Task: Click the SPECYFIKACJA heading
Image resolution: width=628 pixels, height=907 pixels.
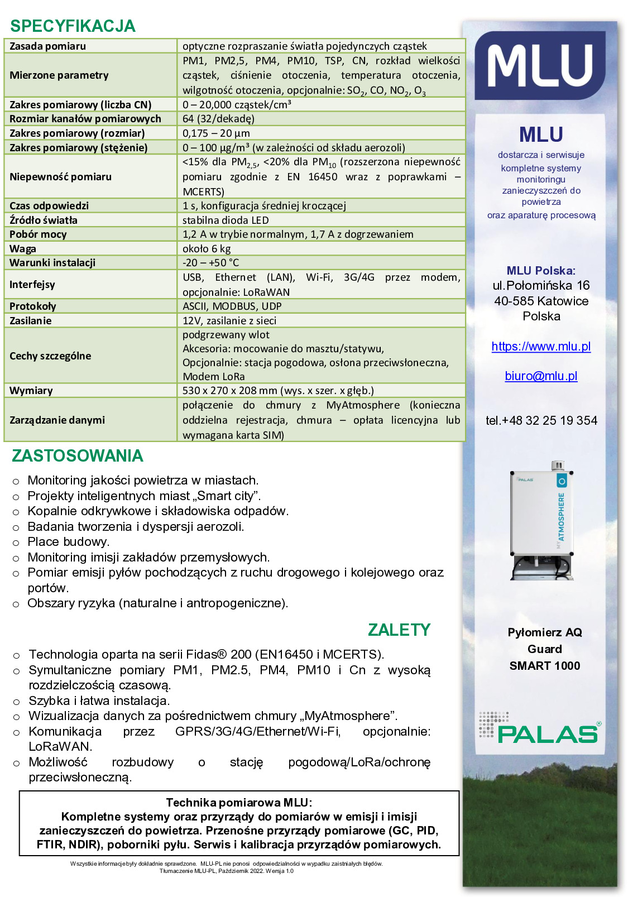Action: [73, 26]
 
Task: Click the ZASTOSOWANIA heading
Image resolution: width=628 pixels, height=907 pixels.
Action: [78, 455]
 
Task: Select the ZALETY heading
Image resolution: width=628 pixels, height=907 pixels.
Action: [399, 630]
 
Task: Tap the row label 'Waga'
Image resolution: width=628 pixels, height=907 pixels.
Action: [23, 248]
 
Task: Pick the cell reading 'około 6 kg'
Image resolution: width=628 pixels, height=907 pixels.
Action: [207, 248]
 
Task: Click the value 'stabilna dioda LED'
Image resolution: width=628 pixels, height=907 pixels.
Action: [226, 220]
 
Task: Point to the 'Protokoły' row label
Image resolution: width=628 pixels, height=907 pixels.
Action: [33, 306]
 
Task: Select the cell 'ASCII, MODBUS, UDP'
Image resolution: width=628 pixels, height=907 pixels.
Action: [232, 306]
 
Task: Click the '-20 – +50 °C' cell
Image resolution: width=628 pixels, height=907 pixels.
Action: [210, 262]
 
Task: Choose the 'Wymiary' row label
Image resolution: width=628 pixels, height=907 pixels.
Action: [31, 390]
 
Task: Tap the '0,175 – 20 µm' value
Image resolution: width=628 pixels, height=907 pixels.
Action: [216, 133]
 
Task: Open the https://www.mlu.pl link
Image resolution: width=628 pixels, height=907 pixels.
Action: [541, 346]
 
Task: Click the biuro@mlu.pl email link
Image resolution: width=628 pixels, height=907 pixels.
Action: [541, 376]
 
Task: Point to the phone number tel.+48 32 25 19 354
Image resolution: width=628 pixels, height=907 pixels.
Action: [541, 420]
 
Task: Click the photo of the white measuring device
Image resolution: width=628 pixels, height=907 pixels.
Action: [541, 522]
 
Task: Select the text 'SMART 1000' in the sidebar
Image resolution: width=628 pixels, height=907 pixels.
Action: [544, 665]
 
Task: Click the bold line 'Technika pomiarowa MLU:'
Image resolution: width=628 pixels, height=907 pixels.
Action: [239, 803]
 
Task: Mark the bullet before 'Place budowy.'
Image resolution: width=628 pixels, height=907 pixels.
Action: [16, 542]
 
